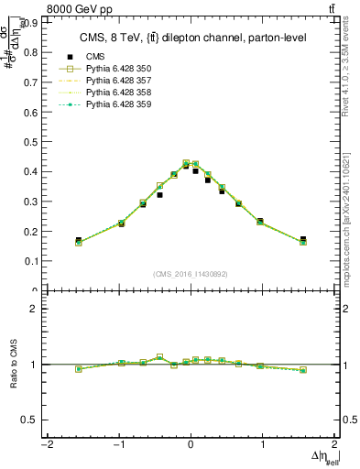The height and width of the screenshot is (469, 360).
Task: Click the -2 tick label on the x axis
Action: click(46, 444)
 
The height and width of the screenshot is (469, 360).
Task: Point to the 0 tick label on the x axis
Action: click(191, 444)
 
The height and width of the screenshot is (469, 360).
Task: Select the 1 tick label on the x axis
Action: click(263, 444)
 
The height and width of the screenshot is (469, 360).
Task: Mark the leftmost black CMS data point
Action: click(78, 240)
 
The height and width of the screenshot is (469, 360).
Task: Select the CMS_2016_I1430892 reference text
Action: click(190, 274)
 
